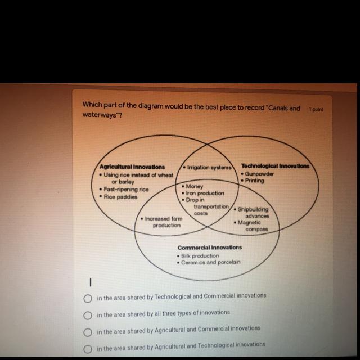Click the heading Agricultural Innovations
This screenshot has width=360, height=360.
pos(132,167)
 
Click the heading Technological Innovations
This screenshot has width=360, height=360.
pos(275,166)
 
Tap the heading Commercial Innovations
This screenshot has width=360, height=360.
pos(210,247)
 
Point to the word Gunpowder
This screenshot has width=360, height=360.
pos(259,174)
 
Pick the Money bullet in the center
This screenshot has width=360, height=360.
pos(195,186)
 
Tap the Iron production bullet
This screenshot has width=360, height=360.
pos(205,193)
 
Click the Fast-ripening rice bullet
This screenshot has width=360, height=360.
pos(124,190)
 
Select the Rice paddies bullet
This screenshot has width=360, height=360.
pos(119,197)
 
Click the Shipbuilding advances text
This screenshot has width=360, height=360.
pos(253,213)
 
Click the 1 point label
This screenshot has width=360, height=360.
pos(316,110)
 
